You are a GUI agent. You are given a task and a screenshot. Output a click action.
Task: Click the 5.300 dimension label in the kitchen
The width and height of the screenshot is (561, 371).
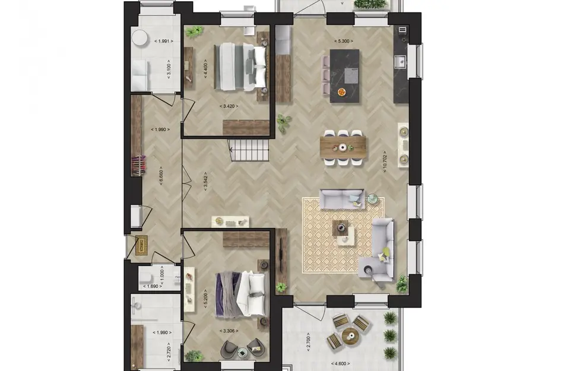[x=344, y=41]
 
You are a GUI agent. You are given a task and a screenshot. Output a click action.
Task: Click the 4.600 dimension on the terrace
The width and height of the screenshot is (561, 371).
[x=340, y=363]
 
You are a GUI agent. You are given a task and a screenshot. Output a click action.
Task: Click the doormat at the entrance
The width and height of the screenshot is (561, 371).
[x=141, y=244]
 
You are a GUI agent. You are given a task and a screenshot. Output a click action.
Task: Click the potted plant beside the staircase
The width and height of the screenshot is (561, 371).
[x=284, y=122]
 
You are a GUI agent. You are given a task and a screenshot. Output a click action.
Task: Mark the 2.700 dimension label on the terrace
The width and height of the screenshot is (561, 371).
[x=308, y=343]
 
